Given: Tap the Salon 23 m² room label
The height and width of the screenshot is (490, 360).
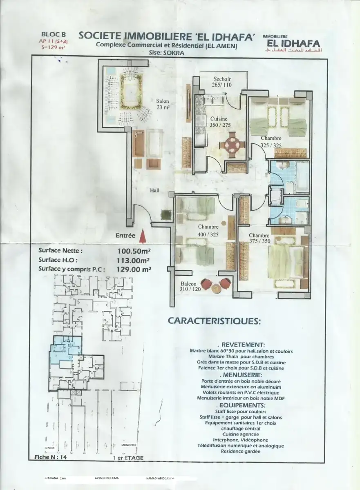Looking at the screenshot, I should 162,104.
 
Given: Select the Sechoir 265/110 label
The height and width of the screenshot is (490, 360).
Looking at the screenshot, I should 222,82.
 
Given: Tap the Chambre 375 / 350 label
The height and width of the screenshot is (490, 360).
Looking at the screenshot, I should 259,238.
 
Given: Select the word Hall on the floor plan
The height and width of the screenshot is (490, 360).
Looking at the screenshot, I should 154,191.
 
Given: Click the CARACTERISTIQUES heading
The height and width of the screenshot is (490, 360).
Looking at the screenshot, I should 214,321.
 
